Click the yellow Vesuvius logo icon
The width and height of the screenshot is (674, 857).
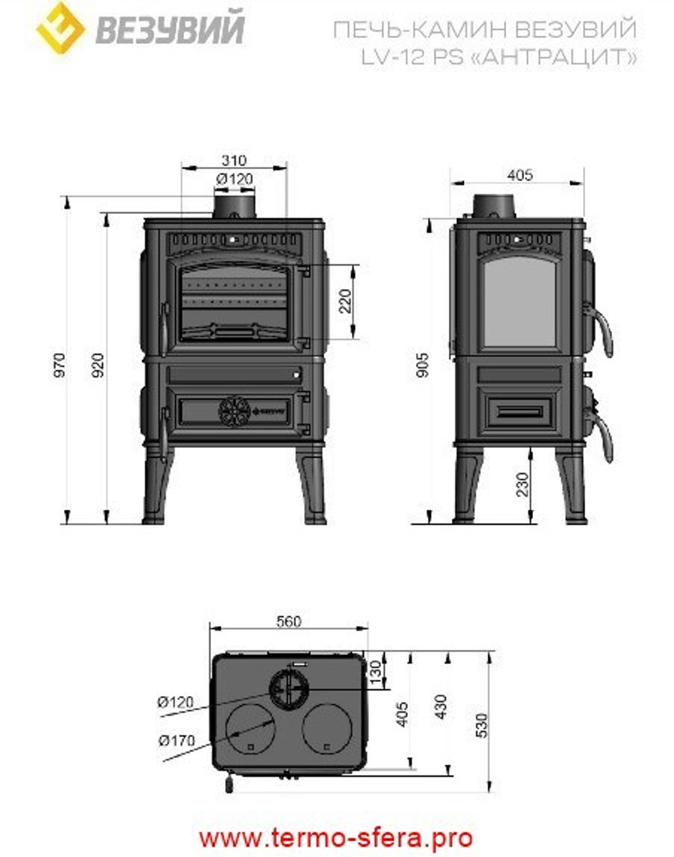pos(60,28)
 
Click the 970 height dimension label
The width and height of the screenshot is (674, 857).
pos(61,364)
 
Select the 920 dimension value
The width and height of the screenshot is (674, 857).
pos(98,364)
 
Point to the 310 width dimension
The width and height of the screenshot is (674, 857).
pos(234,161)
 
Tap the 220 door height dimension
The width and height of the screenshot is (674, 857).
pos(345,301)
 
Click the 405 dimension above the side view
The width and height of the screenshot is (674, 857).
pos(520,175)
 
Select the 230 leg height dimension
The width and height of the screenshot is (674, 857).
pos(522,484)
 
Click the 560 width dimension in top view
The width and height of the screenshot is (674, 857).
pos(288,621)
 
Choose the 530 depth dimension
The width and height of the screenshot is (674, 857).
pos(481,725)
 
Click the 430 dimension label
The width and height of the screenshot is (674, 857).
pos(441,707)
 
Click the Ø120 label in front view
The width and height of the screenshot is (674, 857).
pos(235,179)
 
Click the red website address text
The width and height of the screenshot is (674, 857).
pos(336,838)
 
